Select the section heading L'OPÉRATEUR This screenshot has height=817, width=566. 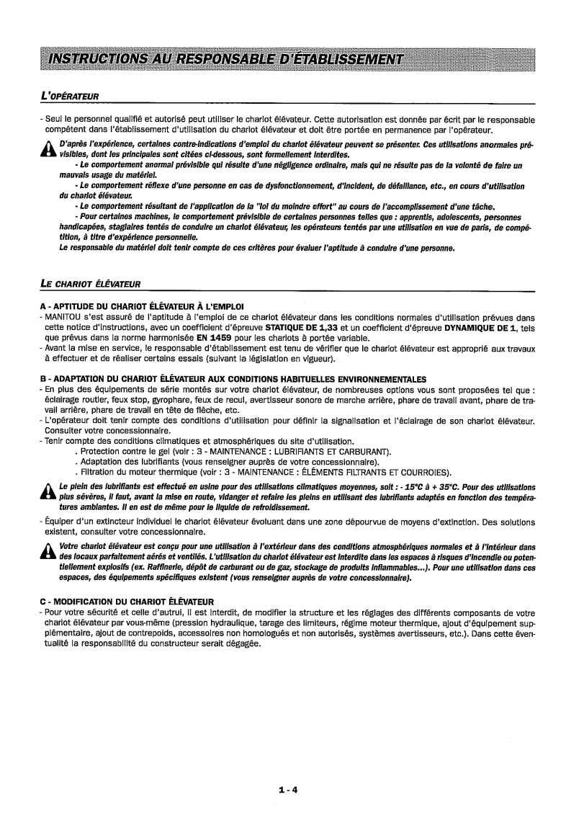pos(69,96)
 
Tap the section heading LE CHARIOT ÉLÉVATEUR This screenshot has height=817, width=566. pos(91,283)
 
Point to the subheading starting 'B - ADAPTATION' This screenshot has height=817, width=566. pos(233,379)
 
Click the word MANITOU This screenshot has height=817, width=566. pos(64,316)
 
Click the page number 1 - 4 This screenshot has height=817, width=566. pos(288,769)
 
